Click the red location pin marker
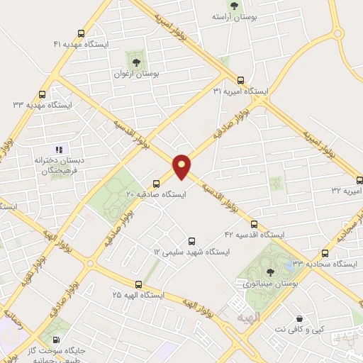pyautogui.click(x=182, y=167)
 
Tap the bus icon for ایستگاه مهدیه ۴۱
pyautogui.click(x=82, y=33)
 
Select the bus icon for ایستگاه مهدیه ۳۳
pyautogui.click(x=43, y=94)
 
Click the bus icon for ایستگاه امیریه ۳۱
pyautogui.click(x=241, y=80)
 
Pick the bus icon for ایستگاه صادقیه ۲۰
pyautogui.click(x=157, y=183)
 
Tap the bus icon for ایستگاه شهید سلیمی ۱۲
pyautogui.click(x=190, y=242)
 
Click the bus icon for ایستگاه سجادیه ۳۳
pyautogui.click(x=325, y=252)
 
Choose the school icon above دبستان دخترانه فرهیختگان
pyautogui.click(x=60, y=150)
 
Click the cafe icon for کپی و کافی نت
pyautogui.click(x=301, y=319)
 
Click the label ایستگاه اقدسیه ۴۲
pyautogui.click(x=255, y=234)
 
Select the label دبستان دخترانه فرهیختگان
pyautogui.click(x=60, y=166)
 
